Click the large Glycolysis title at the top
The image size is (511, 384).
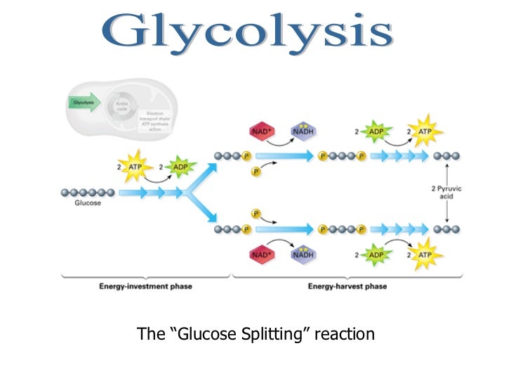point(255,32)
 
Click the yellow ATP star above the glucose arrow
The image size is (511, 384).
point(134,167)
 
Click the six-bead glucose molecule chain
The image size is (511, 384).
point(88,192)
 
